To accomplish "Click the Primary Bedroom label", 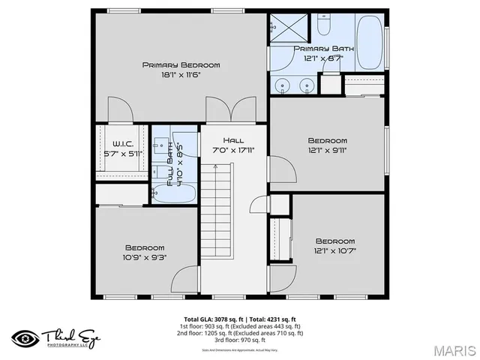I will point(181,65).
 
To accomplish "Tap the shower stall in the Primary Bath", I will point(289,28).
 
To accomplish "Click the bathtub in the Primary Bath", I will point(369,42).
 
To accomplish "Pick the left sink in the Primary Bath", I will point(283,85).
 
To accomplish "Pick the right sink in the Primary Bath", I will point(306,85).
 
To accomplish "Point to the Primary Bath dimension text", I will point(323,58).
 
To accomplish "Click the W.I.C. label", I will point(123,144).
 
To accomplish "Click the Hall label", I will point(233,140).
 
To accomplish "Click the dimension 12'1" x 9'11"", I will point(328,149).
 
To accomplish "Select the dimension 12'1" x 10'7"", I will point(334,251).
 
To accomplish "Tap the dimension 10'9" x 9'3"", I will point(145,256).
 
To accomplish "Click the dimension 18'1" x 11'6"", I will point(181,74).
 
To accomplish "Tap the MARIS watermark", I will point(452,349).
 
